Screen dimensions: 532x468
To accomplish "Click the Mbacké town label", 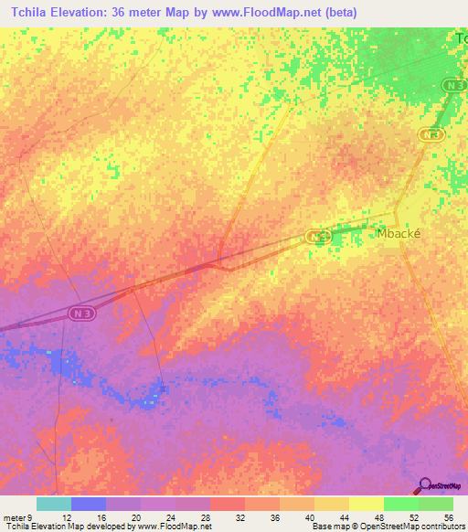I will [399, 233].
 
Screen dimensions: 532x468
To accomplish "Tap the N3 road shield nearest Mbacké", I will [316, 237].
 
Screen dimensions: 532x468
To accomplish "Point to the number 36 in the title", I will [125, 13].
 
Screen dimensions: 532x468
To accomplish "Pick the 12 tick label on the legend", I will [54, 516].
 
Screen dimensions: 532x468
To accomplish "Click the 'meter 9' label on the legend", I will [16, 516].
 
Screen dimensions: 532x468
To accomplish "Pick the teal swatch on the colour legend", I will [54, 504].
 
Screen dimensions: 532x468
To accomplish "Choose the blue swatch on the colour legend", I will [89, 504].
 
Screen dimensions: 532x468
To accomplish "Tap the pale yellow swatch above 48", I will [367, 504].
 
